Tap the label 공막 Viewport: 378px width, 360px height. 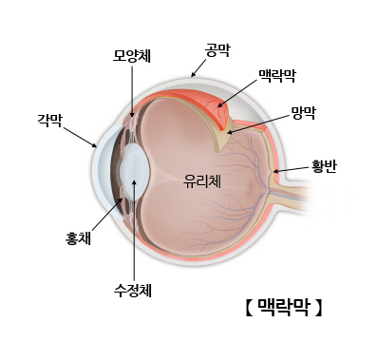[217, 47]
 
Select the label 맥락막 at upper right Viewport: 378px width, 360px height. [277, 73]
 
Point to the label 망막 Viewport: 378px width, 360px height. [304, 111]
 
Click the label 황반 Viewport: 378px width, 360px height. [324, 166]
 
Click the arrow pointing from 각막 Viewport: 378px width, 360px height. [80, 137]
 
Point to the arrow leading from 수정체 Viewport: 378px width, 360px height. [134, 228]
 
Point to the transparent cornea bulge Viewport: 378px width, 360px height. [102, 176]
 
